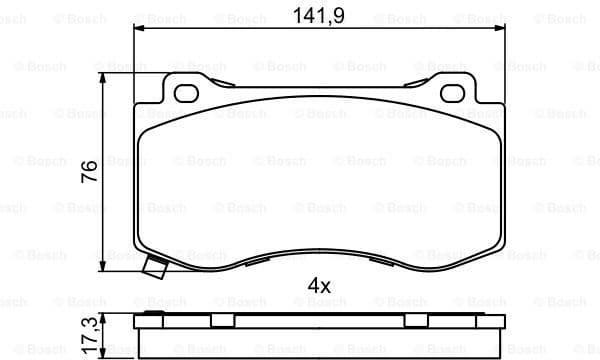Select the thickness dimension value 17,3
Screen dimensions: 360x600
pos(89,336)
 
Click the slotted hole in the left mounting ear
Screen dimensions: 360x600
pos(187,94)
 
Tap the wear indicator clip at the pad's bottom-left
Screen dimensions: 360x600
pos(155,268)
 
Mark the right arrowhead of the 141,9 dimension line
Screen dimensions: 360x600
pos(499,31)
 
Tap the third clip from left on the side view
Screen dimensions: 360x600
pos(416,319)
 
